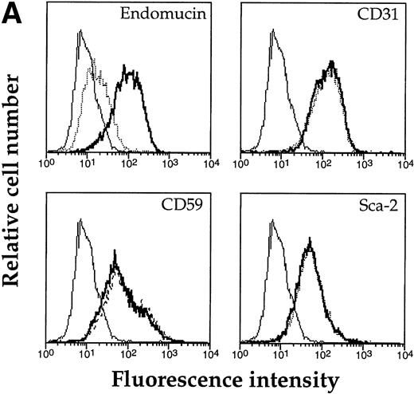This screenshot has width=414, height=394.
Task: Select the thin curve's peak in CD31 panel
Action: point(274,33)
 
